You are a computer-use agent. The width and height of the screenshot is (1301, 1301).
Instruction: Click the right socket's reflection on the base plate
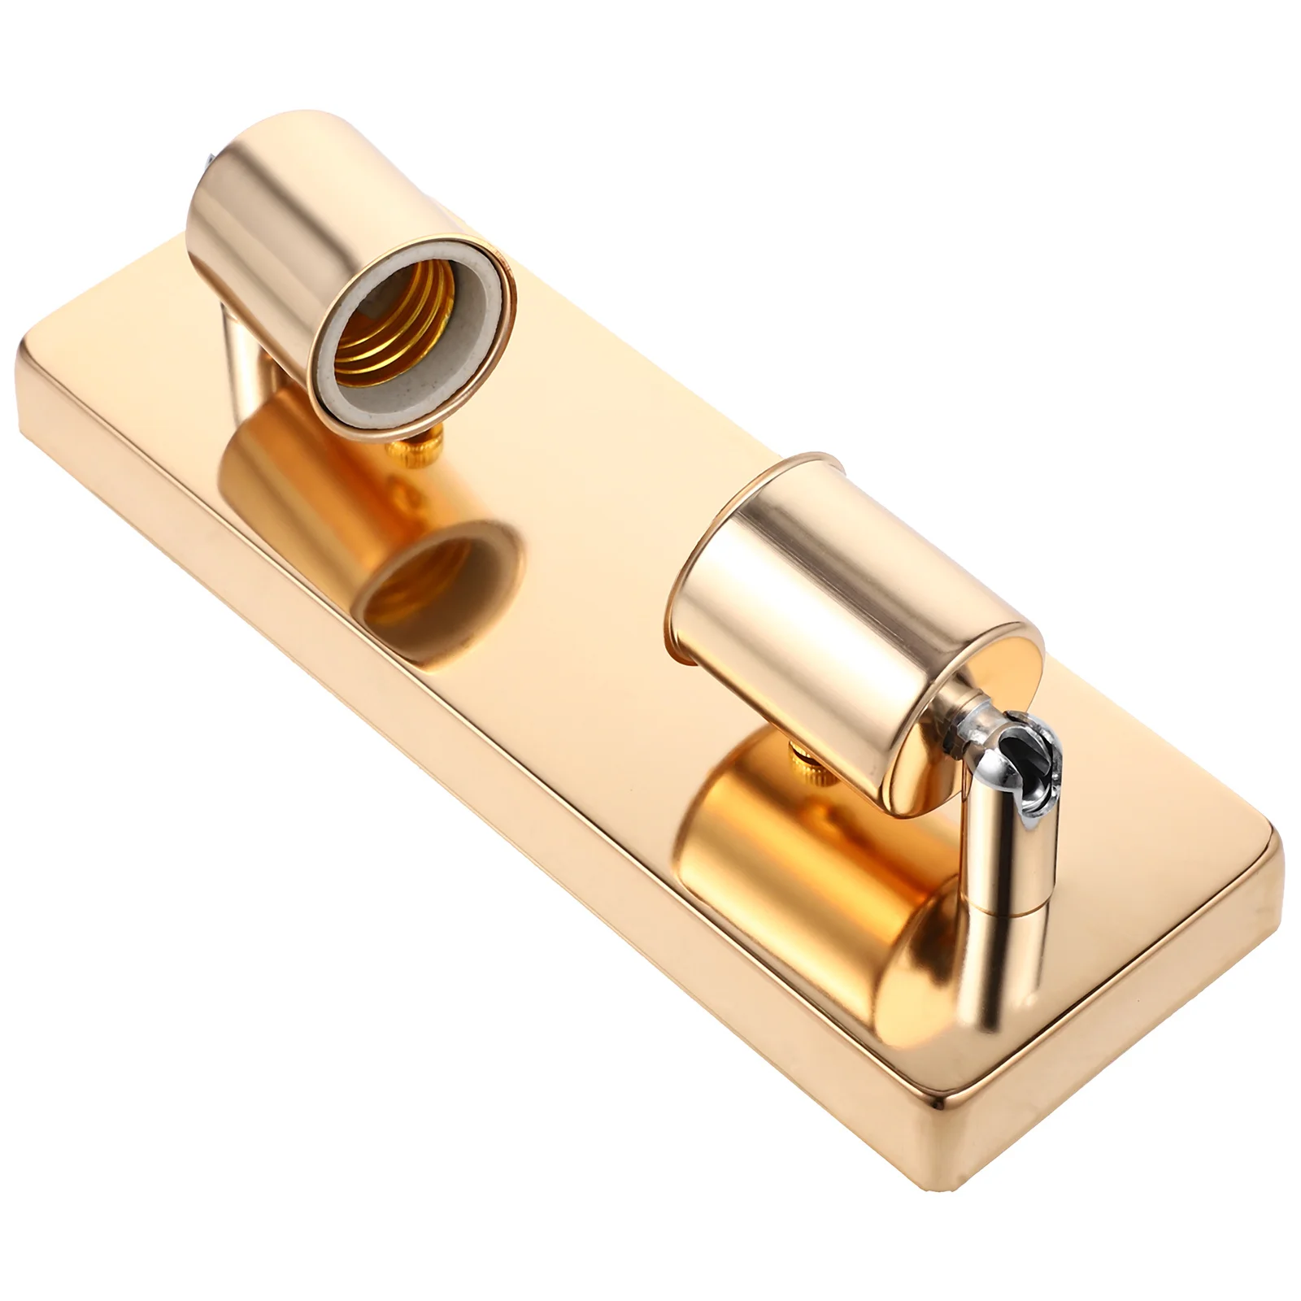click(813, 862)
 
